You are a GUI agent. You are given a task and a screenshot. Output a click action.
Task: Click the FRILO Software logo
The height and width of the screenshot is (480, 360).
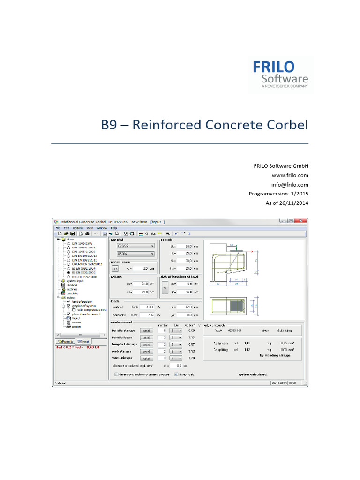point(280,74)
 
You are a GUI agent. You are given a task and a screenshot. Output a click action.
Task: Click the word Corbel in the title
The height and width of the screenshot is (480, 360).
point(285,125)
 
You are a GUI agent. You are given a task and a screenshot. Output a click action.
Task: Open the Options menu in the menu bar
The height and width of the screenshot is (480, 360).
point(78,227)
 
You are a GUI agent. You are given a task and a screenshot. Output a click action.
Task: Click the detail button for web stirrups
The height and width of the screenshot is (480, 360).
point(147,351)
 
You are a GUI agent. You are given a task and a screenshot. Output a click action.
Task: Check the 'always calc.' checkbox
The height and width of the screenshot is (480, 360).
point(176,375)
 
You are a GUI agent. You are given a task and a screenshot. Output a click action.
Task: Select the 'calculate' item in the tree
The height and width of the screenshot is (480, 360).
point(72,293)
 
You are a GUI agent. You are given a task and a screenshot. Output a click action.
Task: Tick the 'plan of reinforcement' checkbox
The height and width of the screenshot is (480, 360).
point(68,314)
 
